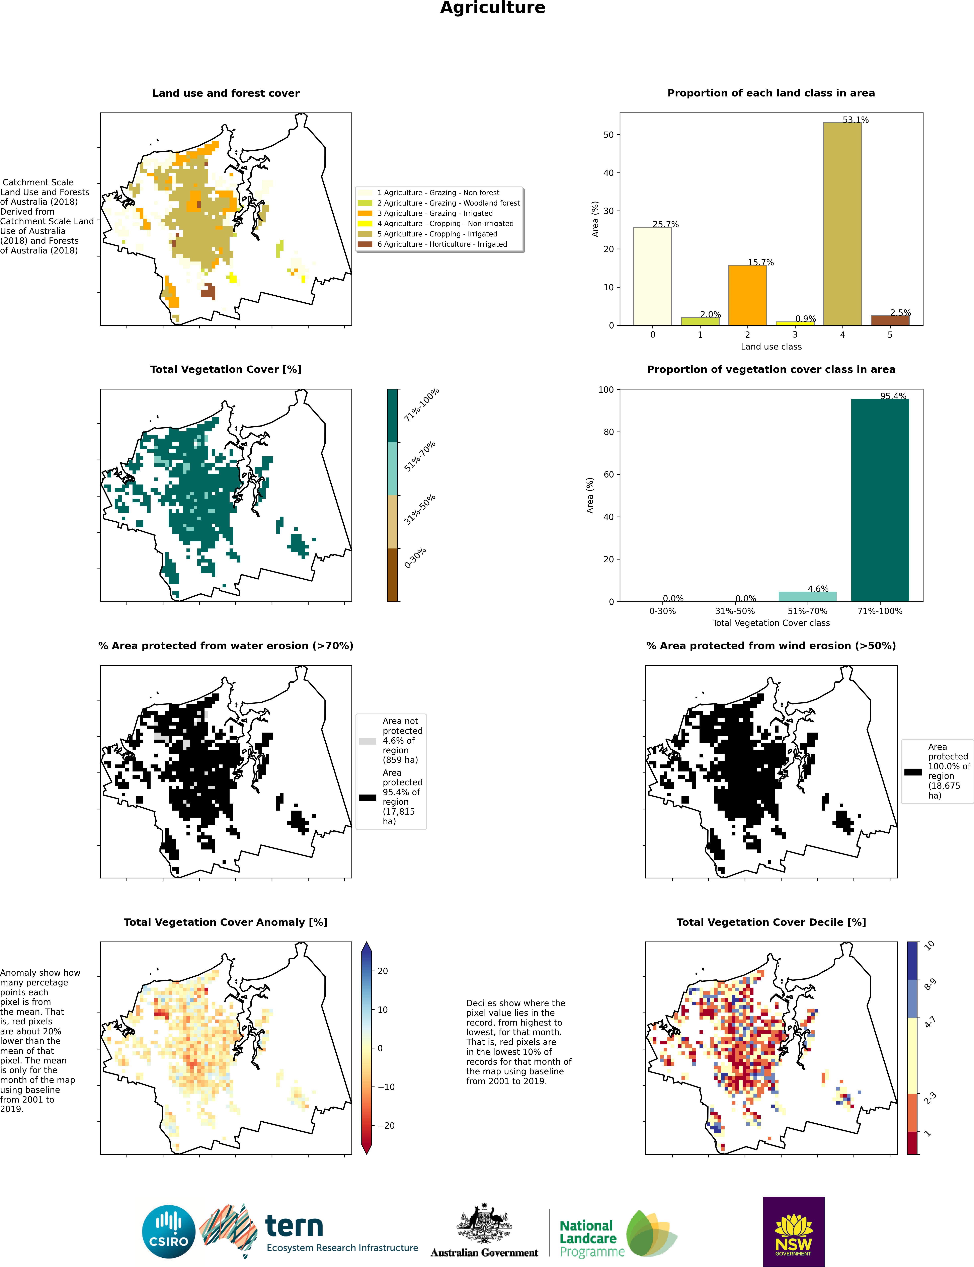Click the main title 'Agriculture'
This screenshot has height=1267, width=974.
[492, 8]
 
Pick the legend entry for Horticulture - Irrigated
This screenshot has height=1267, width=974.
[442, 244]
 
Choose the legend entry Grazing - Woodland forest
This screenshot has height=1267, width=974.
[448, 203]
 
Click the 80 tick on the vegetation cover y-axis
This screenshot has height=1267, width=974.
[607, 432]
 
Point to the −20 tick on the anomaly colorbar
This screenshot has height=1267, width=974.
[386, 1125]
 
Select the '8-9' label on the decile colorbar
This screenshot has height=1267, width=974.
[930, 984]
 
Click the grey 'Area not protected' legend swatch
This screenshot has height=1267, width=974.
[368, 741]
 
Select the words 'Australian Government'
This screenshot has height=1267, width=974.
[484, 1253]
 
